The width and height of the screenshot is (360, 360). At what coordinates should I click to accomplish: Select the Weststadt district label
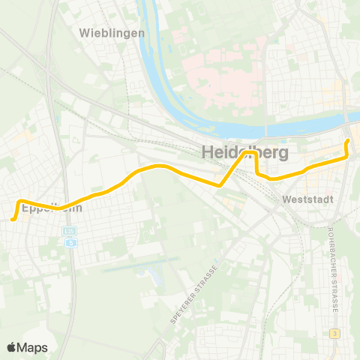tap(303, 200)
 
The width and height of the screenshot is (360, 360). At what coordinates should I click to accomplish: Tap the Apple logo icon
tap(11, 347)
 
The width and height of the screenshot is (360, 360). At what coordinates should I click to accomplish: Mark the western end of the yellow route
tap(13, 218)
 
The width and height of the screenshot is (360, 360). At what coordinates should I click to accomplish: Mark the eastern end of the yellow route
tap(347, 141)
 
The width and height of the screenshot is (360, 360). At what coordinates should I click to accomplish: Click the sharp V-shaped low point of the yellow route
tap(219, 184)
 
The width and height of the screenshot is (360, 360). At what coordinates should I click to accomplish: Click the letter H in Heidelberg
tap(208, 152)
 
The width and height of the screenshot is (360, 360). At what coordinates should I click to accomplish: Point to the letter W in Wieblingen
tap(84, 32)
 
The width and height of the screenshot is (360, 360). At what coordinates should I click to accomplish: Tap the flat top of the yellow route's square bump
tap(247, 151)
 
